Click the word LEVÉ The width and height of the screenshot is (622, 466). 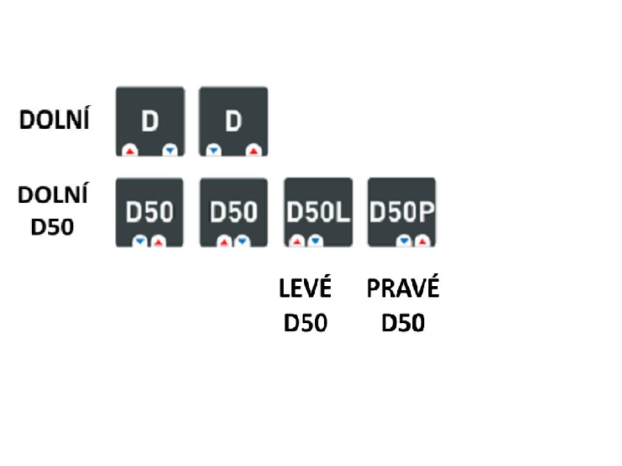pyautogui.click(x=305, y=289)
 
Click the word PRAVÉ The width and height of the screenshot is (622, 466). pyautogui.click(x=402, y=289)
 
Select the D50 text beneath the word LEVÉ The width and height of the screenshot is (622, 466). pyautogui.click(x=305, y=323)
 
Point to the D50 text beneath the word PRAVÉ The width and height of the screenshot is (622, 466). pyautogui.click(x=402, y=323)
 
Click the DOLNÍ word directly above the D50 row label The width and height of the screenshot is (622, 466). pyautogui.click(x=53, y=195)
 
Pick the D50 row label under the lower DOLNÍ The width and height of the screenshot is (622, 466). pyautogui.click(x=52, y=228)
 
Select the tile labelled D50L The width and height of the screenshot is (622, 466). pyautogui.click(x=318, y=212)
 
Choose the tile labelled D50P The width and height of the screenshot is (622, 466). pyautogui.click(x=402, y=212)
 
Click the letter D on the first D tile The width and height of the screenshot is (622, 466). pyautogui.click(x=149, y=121)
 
